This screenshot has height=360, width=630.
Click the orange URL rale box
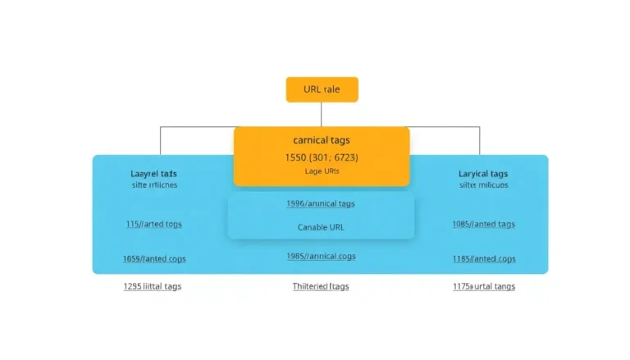click(322, 89)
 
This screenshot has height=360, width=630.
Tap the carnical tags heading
click(321, 140)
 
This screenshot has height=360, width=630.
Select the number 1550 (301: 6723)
click(321, 157)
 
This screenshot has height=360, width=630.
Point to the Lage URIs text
click(321, 171)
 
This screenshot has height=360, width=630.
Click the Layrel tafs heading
click(153, 174)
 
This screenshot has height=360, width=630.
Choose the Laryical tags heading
click(482, 174)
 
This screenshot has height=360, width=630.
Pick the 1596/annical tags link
click(320, 203)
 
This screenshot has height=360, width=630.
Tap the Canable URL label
click(321, 226)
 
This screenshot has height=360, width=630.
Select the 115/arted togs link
click(153, 223)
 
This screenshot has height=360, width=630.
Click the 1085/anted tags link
click(482, 223)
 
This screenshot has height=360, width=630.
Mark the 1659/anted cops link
click(153, 258)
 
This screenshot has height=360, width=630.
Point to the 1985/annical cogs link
click(320, 255)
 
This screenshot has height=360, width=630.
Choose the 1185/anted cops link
click(482, 258)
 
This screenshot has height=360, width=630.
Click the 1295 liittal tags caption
click(153, 286)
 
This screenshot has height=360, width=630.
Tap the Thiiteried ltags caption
click(321, 286)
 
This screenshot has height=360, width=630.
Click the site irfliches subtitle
click(153, 185)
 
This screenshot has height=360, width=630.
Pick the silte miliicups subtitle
click(482, 185)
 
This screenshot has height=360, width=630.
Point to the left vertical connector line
click(161, 140)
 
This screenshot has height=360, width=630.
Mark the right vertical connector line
click(481, 140)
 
